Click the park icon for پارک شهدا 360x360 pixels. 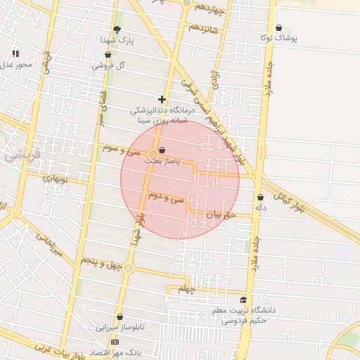(117, 30)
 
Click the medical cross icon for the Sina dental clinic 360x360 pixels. (162, 100)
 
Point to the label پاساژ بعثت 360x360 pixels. (162, 161)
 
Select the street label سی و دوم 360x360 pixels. (167, 199)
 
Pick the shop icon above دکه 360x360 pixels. (261, 198)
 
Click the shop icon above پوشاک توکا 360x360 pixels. (279, 28)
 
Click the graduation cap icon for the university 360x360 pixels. (243, 300)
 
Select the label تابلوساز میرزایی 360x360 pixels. (120, 328)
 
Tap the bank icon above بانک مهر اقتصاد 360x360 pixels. (115, 342)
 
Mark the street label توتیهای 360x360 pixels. (56, 179)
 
